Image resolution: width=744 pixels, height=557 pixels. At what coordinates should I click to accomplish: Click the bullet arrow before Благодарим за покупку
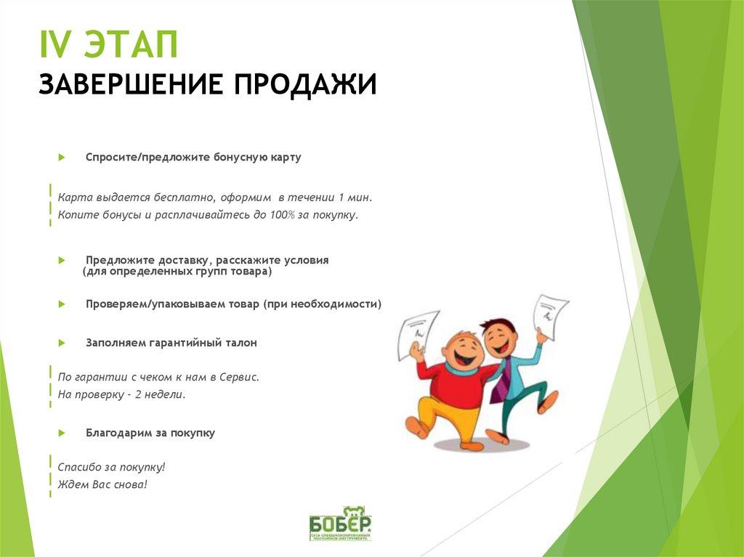click(x=62, y=433)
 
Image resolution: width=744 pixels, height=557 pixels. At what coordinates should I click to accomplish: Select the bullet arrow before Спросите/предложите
click(x=62, y=157)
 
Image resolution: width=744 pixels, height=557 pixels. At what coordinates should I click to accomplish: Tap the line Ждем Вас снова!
click(x=102, y=484)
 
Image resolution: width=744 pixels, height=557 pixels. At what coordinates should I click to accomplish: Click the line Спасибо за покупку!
click(x=112, y=467)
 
